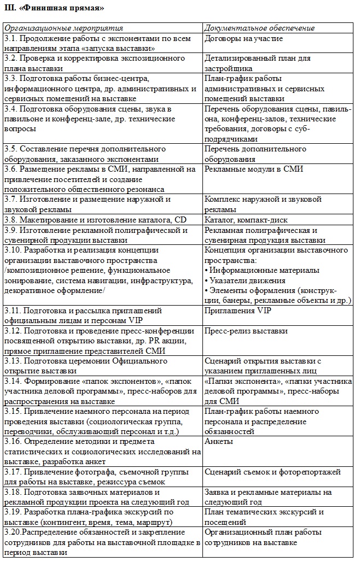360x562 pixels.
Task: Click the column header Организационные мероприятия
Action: (64, 28)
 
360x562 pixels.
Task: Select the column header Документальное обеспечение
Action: (259, 28)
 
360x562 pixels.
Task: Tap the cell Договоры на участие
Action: (243, 38)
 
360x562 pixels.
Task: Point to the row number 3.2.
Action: (10, 58)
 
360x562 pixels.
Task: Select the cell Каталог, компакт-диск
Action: (245, 220)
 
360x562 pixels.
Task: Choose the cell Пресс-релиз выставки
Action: (246, 331)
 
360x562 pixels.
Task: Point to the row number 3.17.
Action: (13, 471)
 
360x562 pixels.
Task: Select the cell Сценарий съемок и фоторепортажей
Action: (272, 471)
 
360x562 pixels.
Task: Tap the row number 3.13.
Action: (13, 361)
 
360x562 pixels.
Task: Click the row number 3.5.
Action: (10, 149)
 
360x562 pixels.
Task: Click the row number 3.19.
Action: (13, 512)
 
